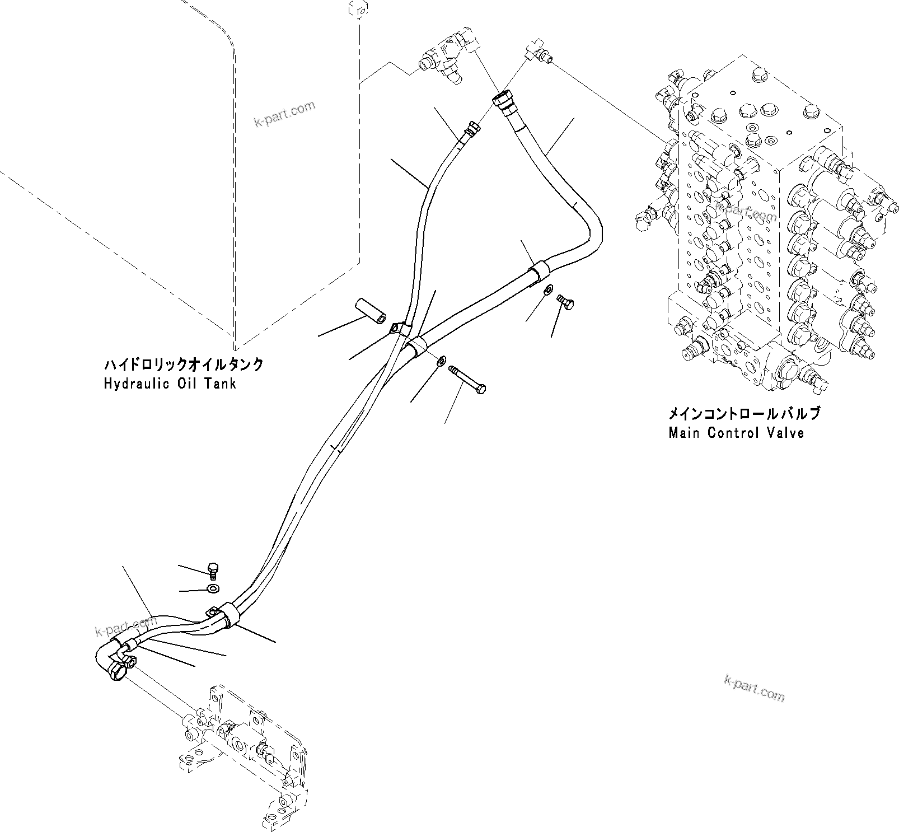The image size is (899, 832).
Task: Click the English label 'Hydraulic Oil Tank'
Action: (170, 384)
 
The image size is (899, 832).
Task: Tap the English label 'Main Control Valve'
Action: (736, 433)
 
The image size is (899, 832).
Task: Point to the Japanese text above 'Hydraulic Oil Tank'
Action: (184, 365)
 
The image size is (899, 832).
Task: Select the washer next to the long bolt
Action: (442, 361)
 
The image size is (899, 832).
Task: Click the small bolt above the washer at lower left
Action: (213, 569)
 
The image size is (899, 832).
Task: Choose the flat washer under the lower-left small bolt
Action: (213, 588)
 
